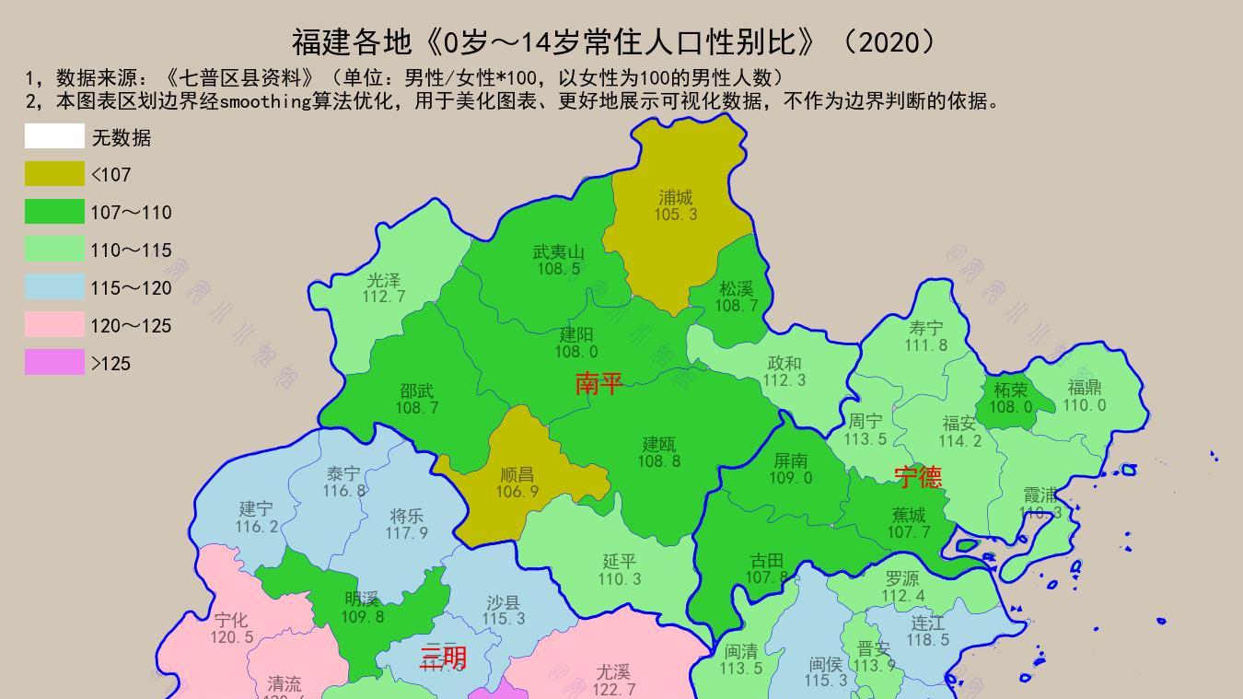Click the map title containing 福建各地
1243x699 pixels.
(614, 41)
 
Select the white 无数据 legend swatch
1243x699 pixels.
(54, 136)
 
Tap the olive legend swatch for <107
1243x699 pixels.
(54, 174)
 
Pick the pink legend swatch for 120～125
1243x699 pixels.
(54, 325)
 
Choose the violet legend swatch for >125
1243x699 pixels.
(54, 363)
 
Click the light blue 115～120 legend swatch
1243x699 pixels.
(54, 287)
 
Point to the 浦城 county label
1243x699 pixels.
(676, 197)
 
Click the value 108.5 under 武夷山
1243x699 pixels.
(559, 269)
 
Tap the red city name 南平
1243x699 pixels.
(598, 384)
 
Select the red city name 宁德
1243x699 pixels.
(918, 477)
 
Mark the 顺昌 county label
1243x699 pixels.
(517, 474)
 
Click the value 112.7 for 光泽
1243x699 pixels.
(383, 297)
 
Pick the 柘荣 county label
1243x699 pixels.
(1011, 390)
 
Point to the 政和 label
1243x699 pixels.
(784, 363)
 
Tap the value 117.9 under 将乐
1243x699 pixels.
(406, 533)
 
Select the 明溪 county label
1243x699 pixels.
(362, 599)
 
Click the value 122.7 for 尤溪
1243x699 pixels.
(613, 690)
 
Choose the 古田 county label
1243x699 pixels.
(767, 560)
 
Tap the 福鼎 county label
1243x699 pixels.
(1085, 387)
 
